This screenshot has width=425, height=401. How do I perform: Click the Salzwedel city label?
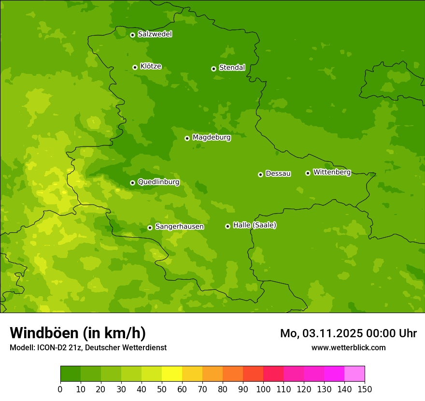[x=155, y=34]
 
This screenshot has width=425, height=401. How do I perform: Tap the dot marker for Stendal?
[x=213, y=69]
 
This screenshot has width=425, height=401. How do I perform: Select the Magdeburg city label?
[x=212, y=138]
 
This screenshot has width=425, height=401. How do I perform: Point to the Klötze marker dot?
[x=135, y=67]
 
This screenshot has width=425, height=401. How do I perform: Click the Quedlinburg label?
[x=158, y=182]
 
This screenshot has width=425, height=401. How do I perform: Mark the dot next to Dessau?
[x=260, y=174]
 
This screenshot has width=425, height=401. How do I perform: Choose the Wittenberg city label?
[x=332, y=172]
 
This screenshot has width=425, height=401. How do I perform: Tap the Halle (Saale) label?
[x=255, y=225]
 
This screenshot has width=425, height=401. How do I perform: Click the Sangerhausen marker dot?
[x=150, y=228]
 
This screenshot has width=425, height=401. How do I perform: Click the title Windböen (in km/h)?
[x=77, y=333]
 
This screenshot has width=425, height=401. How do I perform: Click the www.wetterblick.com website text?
[x=348, y=347]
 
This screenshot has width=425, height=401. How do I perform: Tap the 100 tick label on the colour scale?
[x=263, y=389]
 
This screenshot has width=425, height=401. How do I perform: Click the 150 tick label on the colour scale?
[x=365, y=389]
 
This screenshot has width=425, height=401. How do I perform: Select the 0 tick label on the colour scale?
[x=60, y=389]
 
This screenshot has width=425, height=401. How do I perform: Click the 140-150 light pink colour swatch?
[x=354, y=374]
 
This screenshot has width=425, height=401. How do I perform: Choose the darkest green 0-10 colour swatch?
[x=71, y=374]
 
